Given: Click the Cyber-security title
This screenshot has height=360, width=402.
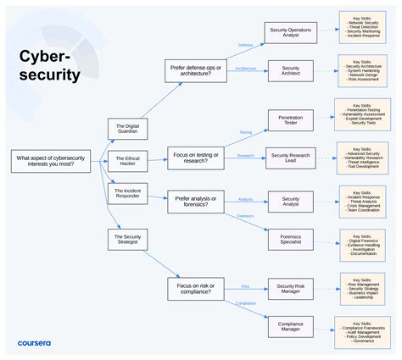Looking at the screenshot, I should click(50, 66).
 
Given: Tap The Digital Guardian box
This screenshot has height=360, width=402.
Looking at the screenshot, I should click(127, 128).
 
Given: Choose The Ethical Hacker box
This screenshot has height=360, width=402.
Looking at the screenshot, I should click(127, 161).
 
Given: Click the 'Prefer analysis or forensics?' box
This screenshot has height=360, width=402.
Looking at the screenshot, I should click(194, 201).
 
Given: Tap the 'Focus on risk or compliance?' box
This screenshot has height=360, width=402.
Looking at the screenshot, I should click(194, 289).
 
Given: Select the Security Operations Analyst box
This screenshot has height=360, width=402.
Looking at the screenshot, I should click(291, 33).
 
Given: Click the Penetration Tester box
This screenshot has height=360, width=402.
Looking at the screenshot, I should click(291, 120).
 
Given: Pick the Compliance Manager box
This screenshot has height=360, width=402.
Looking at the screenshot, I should click(291, 326).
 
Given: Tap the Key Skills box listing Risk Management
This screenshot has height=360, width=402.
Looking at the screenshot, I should click(366, 288).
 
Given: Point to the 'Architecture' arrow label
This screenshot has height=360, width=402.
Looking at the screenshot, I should click(245, 69).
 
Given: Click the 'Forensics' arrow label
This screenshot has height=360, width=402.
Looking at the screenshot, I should click(246, 216).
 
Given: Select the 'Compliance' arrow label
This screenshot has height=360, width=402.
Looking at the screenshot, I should click(245, 303).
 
